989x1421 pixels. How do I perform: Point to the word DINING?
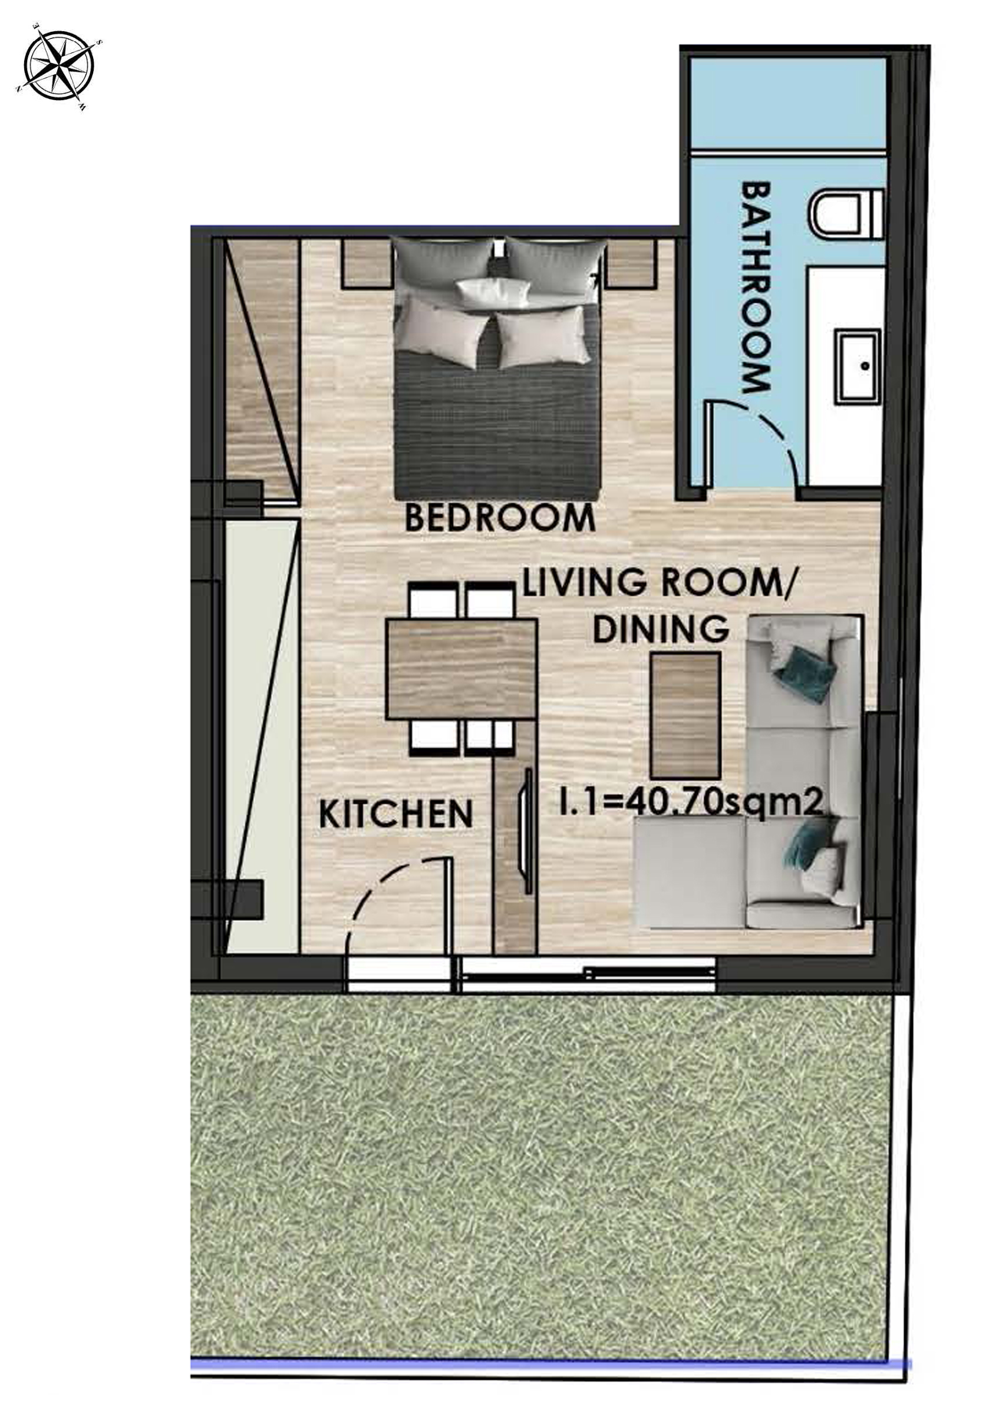660,629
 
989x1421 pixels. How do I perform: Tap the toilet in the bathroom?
846,216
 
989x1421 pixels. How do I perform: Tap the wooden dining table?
461,669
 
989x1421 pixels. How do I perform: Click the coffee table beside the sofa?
684,715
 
